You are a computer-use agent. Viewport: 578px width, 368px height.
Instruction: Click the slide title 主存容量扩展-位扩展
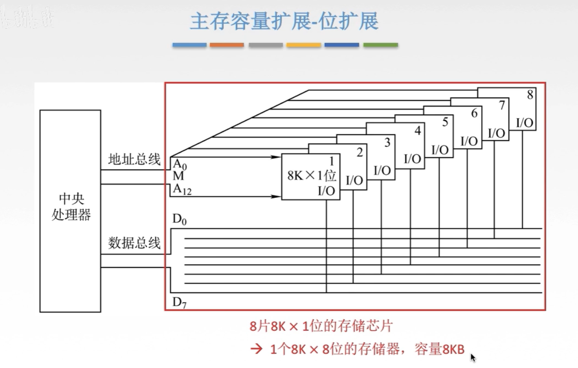tap(284, 21)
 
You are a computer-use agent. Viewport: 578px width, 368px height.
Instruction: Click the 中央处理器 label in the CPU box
tap(71, 207)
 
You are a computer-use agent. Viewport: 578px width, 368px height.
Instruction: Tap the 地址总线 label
tap(134, 160)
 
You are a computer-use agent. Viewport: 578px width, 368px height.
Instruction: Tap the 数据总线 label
tap(134, 243)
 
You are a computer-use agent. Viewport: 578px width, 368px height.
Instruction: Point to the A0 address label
tap(180, 164)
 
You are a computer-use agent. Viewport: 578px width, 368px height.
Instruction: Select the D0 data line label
tap(179, 220)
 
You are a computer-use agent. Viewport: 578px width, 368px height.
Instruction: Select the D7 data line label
tap(179, 303)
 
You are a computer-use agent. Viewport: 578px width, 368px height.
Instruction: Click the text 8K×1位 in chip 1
tap(312, 176)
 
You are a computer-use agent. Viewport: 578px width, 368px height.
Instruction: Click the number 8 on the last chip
tap(530, 95)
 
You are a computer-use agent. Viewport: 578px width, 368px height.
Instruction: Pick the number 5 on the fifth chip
tap(445, 122)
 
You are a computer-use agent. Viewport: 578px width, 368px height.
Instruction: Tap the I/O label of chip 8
tap(525, 123)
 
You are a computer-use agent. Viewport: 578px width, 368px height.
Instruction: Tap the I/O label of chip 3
tap(382, 170)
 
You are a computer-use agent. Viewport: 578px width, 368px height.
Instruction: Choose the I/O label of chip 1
tap(326, 191)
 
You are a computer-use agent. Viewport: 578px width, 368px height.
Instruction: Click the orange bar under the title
tap(227, 45)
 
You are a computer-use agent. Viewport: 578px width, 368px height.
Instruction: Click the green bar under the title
tap(380, 45)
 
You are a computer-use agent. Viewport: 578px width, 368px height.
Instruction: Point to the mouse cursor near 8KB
tap(473, 357)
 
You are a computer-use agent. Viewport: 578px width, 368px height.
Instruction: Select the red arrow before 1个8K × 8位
tap(256, 349)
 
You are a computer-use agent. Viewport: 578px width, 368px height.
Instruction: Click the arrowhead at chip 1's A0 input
tap(277, 157)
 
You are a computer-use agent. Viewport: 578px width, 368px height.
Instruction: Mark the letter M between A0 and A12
tap(178, 176)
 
